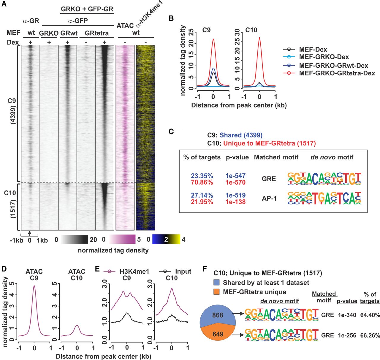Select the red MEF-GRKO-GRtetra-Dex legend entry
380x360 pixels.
tap(337, 73)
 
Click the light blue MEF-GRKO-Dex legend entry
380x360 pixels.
tap(324, 57)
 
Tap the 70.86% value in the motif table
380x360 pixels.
tap(202, 183)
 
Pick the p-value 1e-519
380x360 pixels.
tap(235, 195)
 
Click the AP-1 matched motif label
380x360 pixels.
tap(269, 198)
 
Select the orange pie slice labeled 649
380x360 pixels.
tap(218, 334)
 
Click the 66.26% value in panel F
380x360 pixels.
tap(370, 335)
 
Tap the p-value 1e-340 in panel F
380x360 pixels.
tap(347, 315)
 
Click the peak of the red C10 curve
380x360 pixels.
tap(259, 38)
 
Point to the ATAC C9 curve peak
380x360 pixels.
tap(34, 286)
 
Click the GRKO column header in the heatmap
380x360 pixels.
tap(49, 33)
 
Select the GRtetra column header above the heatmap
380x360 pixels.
tap(96, 33)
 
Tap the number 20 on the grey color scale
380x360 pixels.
tap(94, 240)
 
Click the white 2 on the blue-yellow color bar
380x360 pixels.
tap(166, 240)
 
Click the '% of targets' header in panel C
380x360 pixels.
tap(202, 157)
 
